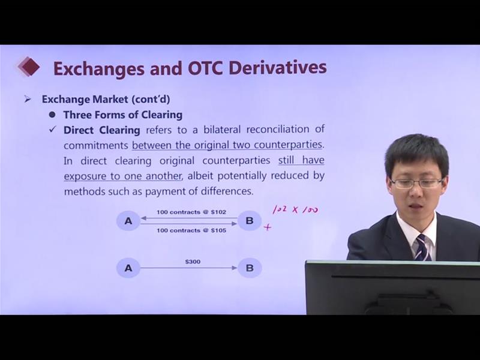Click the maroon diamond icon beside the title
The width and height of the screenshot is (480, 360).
29,67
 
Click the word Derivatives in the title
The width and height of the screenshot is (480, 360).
277,68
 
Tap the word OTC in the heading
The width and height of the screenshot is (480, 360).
205,68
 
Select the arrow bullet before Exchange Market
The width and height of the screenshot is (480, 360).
28,99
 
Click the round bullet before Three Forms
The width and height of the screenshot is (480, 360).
52,115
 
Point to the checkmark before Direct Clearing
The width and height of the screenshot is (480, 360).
53,130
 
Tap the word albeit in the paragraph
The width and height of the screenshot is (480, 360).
199,176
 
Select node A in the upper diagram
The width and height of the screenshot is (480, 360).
128,220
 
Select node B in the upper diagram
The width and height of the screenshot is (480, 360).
250,220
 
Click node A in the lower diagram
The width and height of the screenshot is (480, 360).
128,268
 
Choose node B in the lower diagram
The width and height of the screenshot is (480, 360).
250,268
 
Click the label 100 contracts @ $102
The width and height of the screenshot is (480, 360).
191,212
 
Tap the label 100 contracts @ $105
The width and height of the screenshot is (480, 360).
191,230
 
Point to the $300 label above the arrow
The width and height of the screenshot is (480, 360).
193,262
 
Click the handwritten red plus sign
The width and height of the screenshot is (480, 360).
268,227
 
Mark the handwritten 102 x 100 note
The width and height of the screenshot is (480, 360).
295,210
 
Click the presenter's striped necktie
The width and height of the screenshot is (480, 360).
423,247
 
